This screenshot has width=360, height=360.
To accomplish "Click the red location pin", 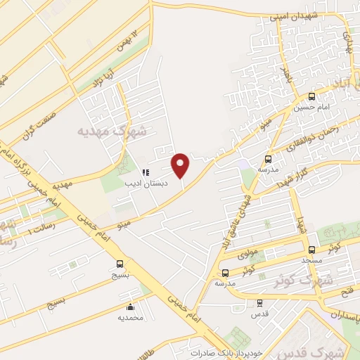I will pos(181,165).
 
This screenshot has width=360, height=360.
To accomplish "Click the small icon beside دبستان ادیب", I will pos(146,172).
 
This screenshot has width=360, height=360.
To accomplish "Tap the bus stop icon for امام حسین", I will pos(311,96).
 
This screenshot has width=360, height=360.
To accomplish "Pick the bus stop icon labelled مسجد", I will pos(311,250).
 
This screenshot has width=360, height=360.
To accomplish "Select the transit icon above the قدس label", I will pos(259,302).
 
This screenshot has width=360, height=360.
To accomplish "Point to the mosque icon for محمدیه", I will pos(130,307).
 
